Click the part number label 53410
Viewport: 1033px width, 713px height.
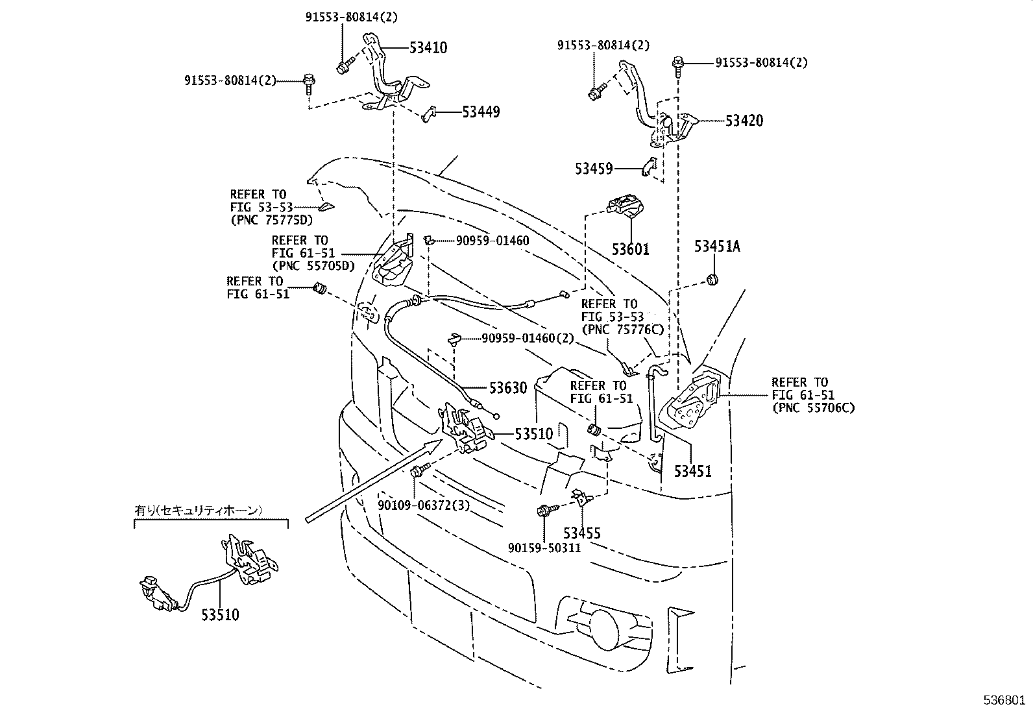(x=428, y=48)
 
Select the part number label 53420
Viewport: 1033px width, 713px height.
(x=744, y=121)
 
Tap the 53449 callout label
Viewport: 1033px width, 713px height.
(x=481, y=112)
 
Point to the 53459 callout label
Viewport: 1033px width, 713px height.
(x=594, y=169)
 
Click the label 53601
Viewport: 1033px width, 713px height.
(x=631, y=249)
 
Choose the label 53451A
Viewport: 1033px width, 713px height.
(x=717, y=247)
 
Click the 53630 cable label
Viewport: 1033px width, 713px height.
(x=508, y=388)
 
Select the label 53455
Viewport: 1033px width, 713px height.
(x=582, y=533)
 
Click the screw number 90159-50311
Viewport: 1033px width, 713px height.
(x=544, y=548)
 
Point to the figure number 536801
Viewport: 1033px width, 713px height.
(x=1003, y=701)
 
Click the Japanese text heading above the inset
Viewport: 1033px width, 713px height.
(x=199, y=511)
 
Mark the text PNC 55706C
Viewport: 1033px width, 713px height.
(x=813, y=408)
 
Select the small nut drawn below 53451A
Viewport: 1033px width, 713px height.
(x=712, y=280)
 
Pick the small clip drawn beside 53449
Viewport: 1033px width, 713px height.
(x=427, y=114)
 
